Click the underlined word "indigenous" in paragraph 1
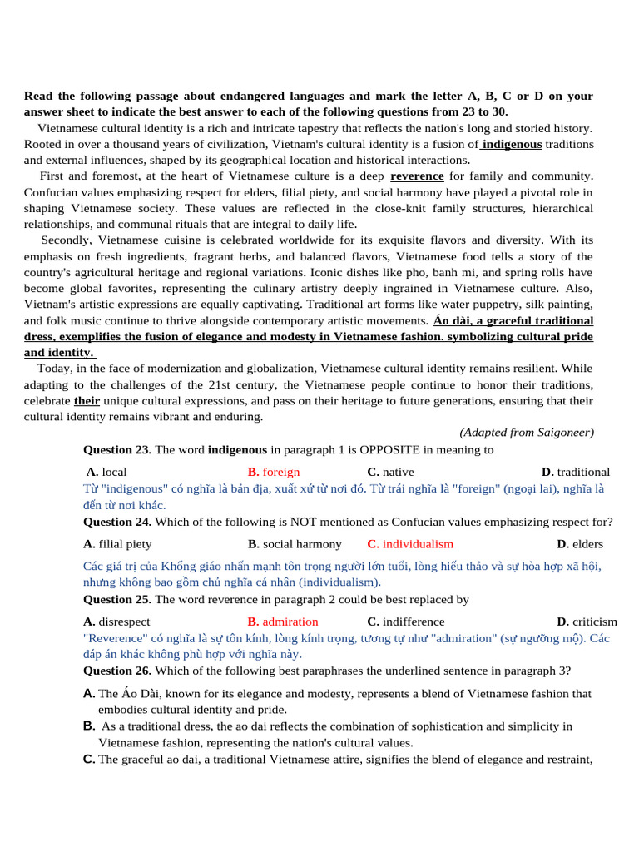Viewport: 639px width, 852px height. click(x=512, y=144)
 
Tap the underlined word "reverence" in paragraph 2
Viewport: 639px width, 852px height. click(x=417, y=176)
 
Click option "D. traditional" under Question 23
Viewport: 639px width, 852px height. click(x=575, y=472)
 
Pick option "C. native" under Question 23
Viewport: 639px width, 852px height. click(x=390, y=472)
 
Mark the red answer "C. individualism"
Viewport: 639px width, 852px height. click(x=410, y=544)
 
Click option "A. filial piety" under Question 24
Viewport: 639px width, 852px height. click(x=117, y=544)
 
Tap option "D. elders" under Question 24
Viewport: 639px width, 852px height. click(x=580, y=544)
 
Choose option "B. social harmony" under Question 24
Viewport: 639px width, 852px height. click(x=295, y=544)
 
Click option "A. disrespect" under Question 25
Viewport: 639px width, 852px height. click(x=117, y=622)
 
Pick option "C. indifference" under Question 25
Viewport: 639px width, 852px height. click(x=406, y=622)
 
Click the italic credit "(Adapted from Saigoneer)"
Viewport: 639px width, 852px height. click(x=527, y=433)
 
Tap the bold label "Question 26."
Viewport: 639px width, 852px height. click(x=117, y=671)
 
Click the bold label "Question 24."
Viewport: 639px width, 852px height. click(x=117, y=522)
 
